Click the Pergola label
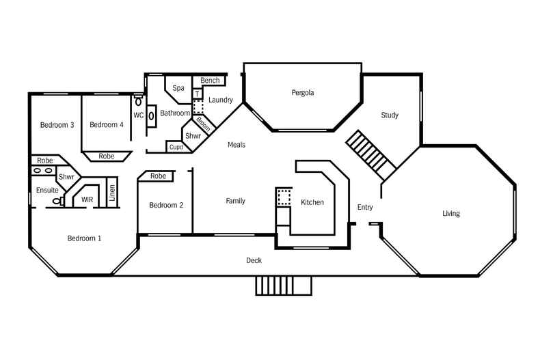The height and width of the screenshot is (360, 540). tap(302, 92)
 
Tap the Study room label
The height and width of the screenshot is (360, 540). tap(390, 115)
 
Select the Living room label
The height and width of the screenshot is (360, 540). tap(451, 214)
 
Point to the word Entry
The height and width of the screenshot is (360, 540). tap(365, 207)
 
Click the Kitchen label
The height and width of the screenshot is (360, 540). tap(312, 202)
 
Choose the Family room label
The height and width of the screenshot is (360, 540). tap(235, 201)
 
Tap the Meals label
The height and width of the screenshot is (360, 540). tap(236, 145)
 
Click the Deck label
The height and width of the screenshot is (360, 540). tap(254, 260)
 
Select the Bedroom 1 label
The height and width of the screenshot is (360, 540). tap(84, 238)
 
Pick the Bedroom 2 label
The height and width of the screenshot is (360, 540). tap(166, 205)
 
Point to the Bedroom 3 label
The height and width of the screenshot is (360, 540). tap(57, 124)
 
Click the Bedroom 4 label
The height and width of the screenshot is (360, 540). tap(107, 124)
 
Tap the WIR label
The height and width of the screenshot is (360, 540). tap(87, 199)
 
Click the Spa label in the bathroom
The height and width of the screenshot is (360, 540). tap(178, 88)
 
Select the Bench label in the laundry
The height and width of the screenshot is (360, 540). tap(210, 81)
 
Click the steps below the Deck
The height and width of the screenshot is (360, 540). tap(284, 286)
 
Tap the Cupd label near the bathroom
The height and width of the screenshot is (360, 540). tap(176, 147)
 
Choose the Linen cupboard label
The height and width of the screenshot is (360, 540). tap(112, 191)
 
